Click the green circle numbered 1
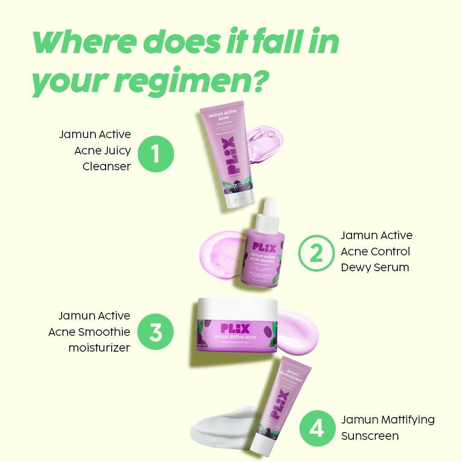click(156, 154)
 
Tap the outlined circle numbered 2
click(316, 253)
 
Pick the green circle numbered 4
click(317, 428)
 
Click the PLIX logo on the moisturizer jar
click(235, 329)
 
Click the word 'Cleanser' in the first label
click(107, 166)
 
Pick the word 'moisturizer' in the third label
click(99, 348)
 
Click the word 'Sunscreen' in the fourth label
click(370, 436)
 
